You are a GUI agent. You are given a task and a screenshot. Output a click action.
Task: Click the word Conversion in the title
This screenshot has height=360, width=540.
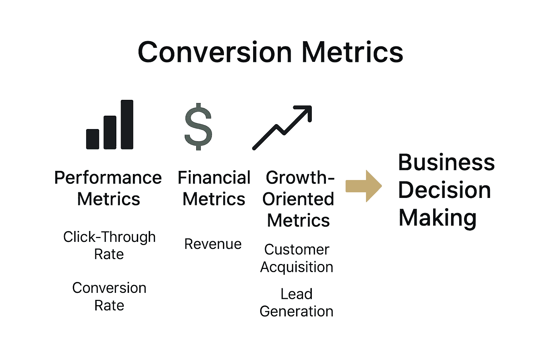(x=214, y=52)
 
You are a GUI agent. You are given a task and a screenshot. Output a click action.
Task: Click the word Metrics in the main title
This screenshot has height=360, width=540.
(x=352, y=52)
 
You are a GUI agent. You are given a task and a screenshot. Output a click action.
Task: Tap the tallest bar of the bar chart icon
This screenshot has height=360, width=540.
(x=127, y=124)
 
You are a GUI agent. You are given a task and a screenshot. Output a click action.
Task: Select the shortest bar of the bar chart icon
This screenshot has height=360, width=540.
(x=92, y=139)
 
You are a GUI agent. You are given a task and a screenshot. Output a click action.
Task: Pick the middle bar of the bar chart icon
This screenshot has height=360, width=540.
(x=110, y=132)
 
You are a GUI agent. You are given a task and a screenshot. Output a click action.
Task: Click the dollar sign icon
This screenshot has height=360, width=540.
(x=198, y=127)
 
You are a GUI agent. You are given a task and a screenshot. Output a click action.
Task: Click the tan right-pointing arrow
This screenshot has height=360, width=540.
(x=364, y=186)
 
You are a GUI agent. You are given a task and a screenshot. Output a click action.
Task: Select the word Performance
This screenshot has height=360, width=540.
(x=108, y=178)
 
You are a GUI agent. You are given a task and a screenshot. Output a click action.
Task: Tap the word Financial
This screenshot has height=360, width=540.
(x=214, y=178)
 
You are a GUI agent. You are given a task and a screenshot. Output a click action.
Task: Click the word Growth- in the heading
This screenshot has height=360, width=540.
(x=300, y=178)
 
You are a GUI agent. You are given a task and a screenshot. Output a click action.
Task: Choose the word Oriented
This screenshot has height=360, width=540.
(x=298, y=199)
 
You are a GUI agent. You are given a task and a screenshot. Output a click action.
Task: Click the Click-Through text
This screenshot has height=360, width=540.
(x=109, y=237)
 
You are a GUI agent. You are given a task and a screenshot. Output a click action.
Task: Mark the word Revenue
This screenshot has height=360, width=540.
(x=213, y=244)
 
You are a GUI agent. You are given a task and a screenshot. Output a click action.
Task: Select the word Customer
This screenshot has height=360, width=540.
(x=297, y=250)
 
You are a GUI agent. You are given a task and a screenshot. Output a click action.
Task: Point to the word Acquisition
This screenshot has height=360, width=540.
(x=297, y=267)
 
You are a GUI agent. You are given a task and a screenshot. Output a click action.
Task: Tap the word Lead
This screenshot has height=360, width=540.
(x=296, y=294)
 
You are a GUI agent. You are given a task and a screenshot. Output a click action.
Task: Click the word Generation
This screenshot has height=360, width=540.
(x=296, y=311)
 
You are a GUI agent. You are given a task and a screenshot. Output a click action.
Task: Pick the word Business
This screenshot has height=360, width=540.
(x=446, y=162)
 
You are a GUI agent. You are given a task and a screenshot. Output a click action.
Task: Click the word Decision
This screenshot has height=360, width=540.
(x=444, y=190)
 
